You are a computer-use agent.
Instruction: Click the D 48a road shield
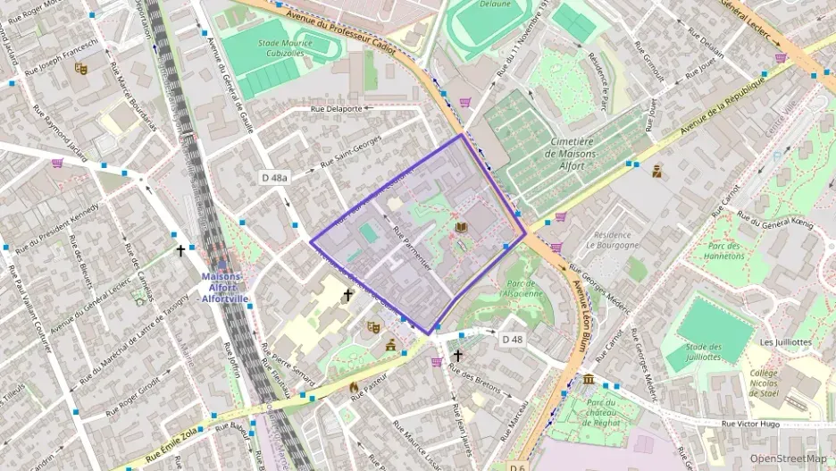click(x=275, y=178)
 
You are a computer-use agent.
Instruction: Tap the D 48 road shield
click(x=512, y=339)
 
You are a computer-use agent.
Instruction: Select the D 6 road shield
click(x=517, y=467)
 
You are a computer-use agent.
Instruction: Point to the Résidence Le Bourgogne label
click(x=613, y=239)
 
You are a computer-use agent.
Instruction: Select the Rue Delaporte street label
click(x=336, y=109)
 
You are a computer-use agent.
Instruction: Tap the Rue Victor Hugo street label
click(x=751, y=424)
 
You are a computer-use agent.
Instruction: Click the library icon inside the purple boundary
click(x=461, y=229)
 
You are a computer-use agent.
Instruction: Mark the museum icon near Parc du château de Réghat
click(x=589, y=380)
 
